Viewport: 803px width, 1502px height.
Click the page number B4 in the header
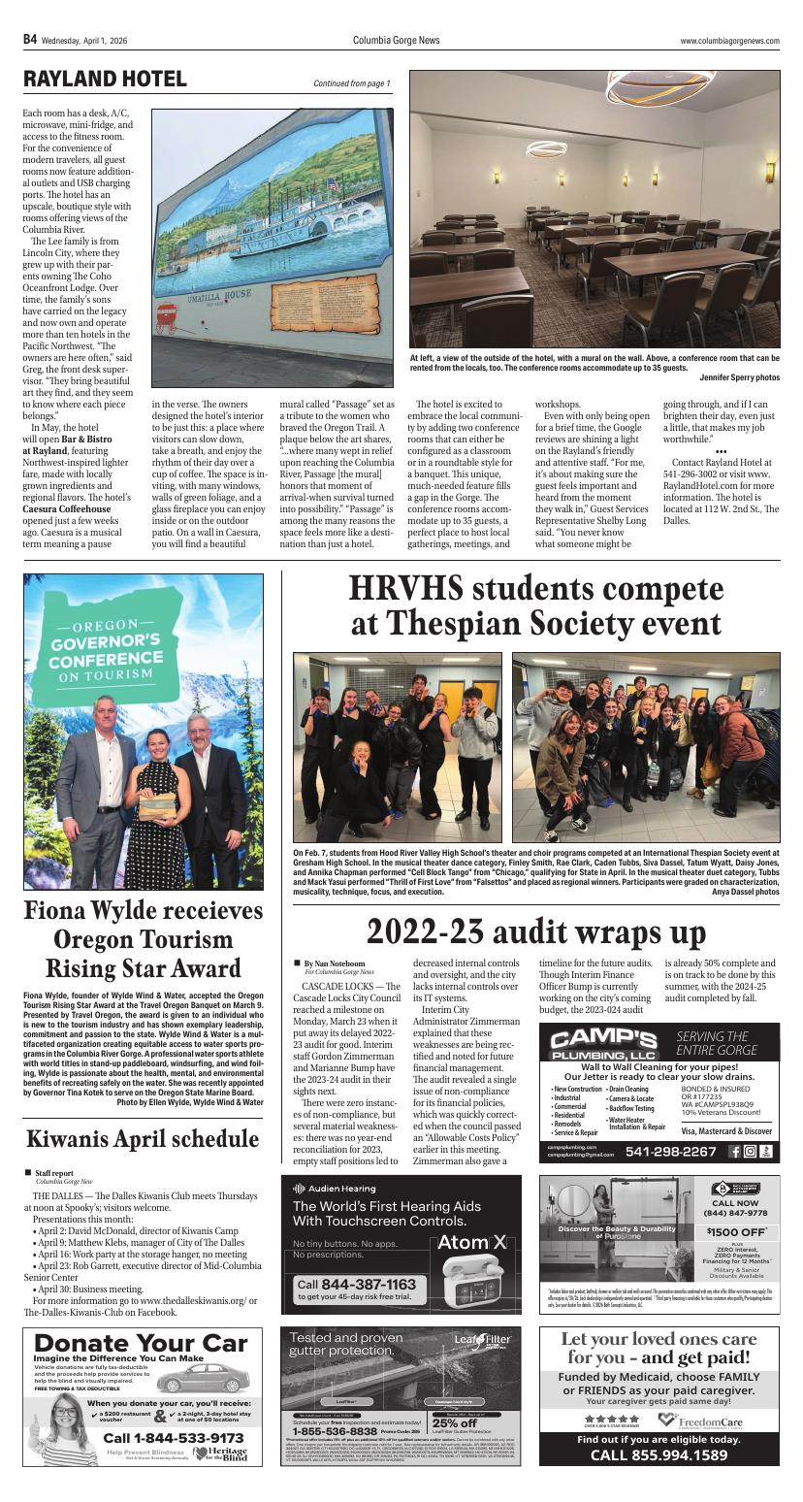click(30, 40)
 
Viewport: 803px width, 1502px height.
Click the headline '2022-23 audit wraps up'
click(535, 931)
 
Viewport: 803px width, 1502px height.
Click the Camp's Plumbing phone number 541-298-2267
click(672, 1152)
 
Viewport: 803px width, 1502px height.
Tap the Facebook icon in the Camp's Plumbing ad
click(734, 1152)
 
